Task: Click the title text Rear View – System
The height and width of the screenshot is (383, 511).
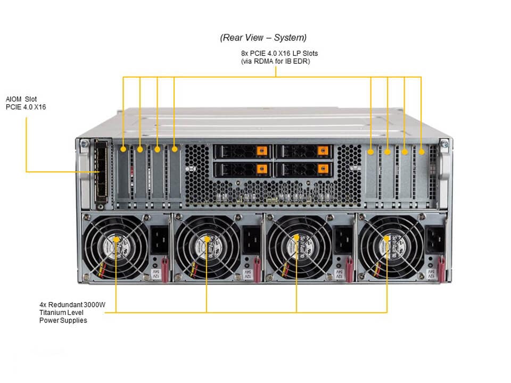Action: [x=263, y=38]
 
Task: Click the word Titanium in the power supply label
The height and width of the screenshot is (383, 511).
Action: [x=53, y=312]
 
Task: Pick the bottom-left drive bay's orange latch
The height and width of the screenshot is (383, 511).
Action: [x=260, y=169]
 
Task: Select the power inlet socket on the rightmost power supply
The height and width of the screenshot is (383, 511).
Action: [x=433, y=240]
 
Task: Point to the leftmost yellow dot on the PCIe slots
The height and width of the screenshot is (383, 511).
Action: [x=123, y=149]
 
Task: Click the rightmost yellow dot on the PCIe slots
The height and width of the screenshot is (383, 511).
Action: [x=421, y=152]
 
